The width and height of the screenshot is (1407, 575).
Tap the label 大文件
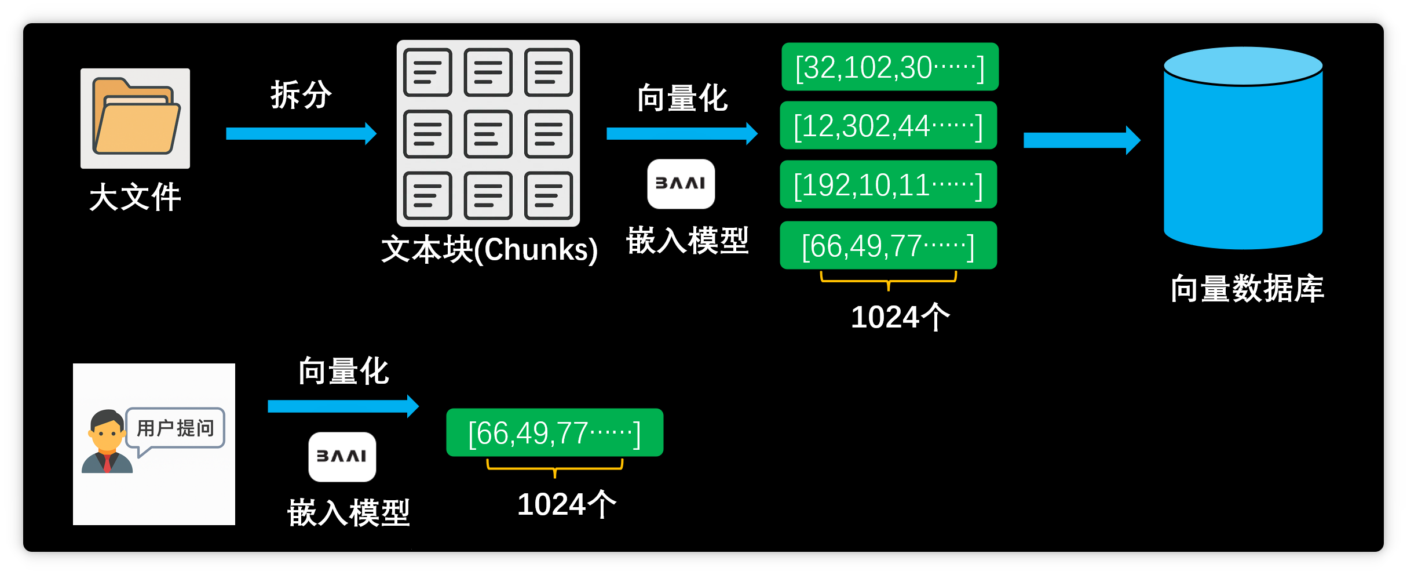click(136, 197)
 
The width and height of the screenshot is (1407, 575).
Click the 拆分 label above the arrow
click(301, 94)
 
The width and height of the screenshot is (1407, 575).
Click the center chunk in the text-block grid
click(488, 134)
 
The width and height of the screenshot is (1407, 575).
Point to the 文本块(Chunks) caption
click(489, 250)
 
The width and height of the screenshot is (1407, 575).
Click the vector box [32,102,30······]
click(890, 67)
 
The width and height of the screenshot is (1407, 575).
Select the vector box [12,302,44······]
click(888, 126)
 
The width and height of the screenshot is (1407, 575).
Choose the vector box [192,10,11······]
click(888, 185)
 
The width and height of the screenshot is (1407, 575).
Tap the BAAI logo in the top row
click(681, 184)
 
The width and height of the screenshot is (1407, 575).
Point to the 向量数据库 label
click(1247, 289)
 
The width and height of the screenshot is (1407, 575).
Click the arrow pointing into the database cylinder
click(1081, 140)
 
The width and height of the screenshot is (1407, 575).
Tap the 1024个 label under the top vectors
click(900, 317)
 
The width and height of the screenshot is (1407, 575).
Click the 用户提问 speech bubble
click(176, 428)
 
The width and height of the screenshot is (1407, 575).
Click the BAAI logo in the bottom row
click(342, 457)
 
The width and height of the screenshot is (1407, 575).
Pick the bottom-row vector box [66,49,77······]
click(554, 433)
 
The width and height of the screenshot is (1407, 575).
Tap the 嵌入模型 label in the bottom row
click(349, 513)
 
